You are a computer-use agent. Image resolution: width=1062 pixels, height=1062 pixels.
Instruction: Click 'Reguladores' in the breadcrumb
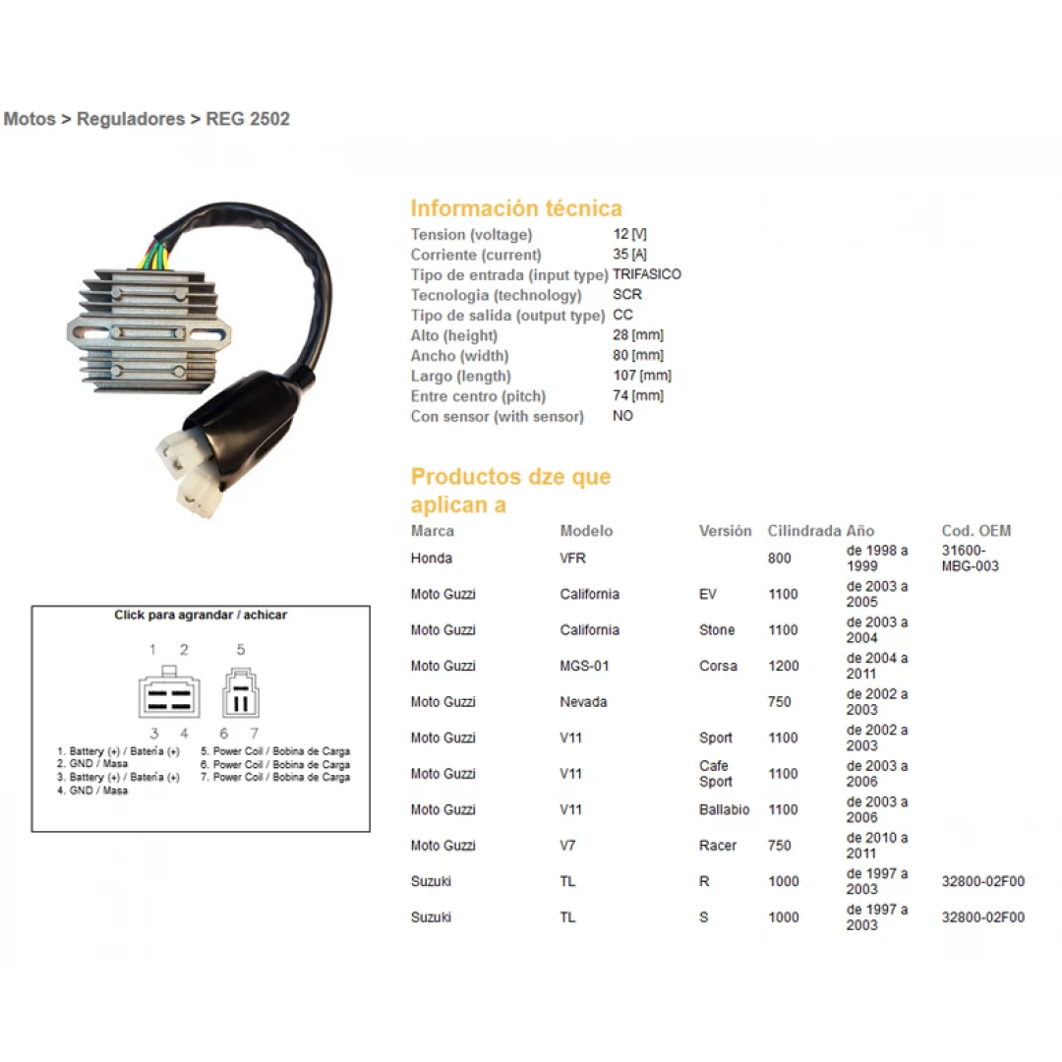(x=131, y=119)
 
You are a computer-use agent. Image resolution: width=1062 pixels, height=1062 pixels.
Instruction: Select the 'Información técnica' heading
(x=516, y=207)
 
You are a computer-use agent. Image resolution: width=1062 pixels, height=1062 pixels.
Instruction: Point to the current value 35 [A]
(x=629, y=254)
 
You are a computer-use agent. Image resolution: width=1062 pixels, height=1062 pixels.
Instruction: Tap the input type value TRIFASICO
(x=647, y=274)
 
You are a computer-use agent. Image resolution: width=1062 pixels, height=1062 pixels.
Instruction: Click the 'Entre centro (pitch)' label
(x=478, y=396)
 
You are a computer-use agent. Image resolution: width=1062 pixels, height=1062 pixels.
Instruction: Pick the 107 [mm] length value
(x=642, y=376)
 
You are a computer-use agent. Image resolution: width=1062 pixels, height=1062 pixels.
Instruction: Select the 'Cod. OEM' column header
(x=976, y=531)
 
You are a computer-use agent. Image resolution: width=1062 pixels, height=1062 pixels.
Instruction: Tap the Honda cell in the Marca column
(x=432, y=559)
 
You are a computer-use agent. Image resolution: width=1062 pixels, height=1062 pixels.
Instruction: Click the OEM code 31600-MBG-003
(x=970, y=559)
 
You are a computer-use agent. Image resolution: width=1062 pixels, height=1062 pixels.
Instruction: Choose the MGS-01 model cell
(x=584, y=666)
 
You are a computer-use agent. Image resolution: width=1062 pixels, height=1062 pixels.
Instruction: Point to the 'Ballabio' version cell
(x=724, y=809)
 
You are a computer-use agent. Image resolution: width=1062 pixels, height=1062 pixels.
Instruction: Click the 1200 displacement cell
(x=784, y=666)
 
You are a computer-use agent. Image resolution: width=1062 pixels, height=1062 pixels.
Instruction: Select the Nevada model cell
(x=583, y=702)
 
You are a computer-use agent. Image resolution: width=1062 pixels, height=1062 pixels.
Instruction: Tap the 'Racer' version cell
(x=718, y=846)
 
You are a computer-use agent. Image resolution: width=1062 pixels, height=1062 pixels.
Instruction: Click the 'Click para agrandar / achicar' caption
(x=201, y=615)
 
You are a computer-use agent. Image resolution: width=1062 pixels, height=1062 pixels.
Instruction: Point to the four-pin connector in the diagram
(x=169, y=692)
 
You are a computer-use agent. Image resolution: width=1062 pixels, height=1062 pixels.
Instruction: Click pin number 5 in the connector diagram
(x=241, y=650)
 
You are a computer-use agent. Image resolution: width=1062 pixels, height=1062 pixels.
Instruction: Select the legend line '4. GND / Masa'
(x=92, y=791)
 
